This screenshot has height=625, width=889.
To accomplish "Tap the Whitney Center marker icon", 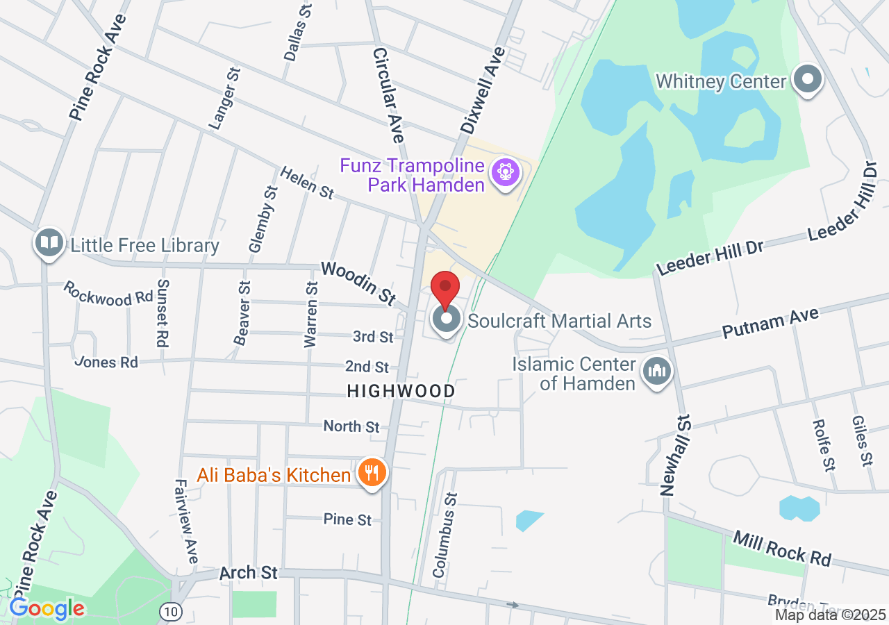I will click(x=807, y=80).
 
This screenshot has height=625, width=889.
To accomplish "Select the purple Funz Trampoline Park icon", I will click(x=504, y=172).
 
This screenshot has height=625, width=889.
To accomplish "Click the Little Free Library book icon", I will click(x=49, y=243).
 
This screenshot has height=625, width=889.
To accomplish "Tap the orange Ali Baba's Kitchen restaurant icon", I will click(x=372, y=474).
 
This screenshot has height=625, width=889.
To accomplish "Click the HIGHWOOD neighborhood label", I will click(x=401, y=392).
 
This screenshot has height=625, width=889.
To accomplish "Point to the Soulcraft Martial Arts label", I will click(x=559, y=321).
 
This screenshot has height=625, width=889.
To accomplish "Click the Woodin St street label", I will click(x=358, y=282).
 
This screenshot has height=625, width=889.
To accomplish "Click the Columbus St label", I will click(x=444, y=535).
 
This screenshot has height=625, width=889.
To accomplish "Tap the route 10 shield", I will click(x=169, y=612).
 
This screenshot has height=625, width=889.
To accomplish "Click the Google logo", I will click(x=47, y=609).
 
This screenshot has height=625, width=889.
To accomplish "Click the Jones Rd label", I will click(x=106, y=362).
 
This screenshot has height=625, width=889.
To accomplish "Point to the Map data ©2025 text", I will click(x=831, y=615).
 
